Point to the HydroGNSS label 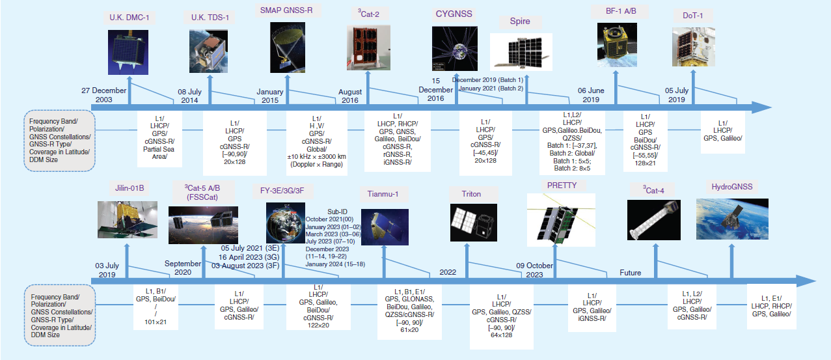(732, 187)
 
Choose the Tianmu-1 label (383, 194)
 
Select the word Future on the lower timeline (630, 273)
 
